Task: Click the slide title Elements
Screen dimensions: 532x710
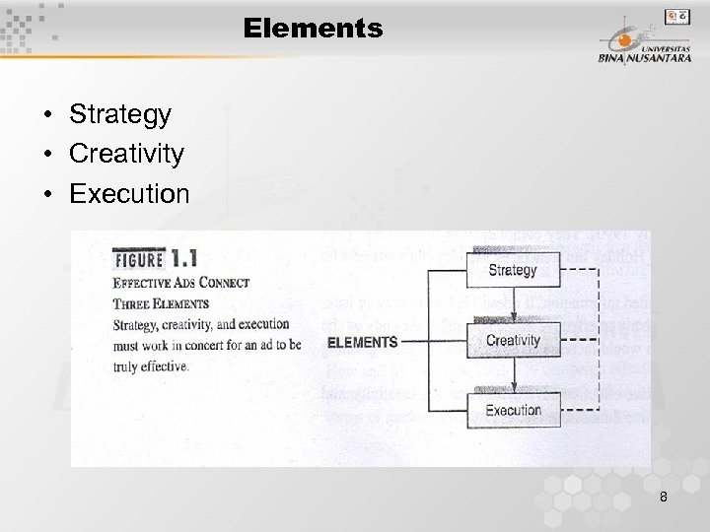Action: (x=313, y=29)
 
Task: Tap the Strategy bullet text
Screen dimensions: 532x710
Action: (x=120, y=114)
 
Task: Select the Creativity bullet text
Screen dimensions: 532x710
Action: (x=126, y=154)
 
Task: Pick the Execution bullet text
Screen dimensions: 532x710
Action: (x=129, y=194)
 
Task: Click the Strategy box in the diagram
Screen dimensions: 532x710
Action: (x=513, y=270)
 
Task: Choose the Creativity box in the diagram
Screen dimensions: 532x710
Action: (x=513, y=341)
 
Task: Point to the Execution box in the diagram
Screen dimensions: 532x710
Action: (x=513, y=410)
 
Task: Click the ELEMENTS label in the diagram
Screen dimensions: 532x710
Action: (x=362, y=343)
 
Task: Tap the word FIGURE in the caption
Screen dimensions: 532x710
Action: (x=139, y=259)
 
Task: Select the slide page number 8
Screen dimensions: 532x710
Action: (x=664, y=498)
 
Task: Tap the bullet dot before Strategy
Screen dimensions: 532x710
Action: (x=47, y=115)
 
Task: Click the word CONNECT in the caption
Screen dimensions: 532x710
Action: (x=222, y=283)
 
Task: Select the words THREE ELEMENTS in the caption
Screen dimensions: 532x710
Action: (x=161, y=303)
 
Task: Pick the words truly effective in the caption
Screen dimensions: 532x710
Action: (x=150, y=366)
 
